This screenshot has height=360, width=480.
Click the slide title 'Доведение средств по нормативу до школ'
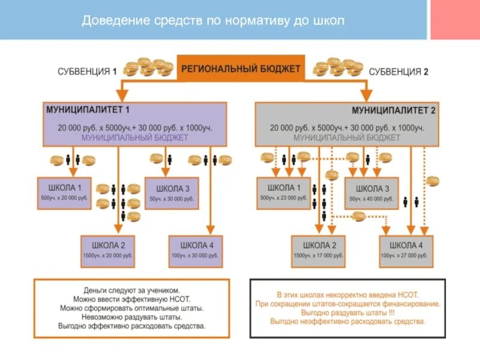[213, 20]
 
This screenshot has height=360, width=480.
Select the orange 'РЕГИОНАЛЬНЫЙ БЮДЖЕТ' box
[241, 68]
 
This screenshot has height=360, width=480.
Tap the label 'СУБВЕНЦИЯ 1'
[87, 71]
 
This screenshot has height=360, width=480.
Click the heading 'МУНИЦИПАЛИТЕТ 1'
[88, 110]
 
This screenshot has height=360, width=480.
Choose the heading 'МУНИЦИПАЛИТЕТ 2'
[394, 110]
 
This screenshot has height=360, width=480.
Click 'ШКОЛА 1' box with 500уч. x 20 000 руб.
[64, 193]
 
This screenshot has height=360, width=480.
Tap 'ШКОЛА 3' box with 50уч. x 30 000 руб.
[172, 193]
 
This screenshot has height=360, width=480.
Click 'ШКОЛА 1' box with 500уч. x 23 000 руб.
[283, 193]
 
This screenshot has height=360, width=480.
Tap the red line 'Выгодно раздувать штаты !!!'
[348, 313]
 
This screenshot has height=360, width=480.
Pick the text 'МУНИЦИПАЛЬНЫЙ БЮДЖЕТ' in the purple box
[134, 137]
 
